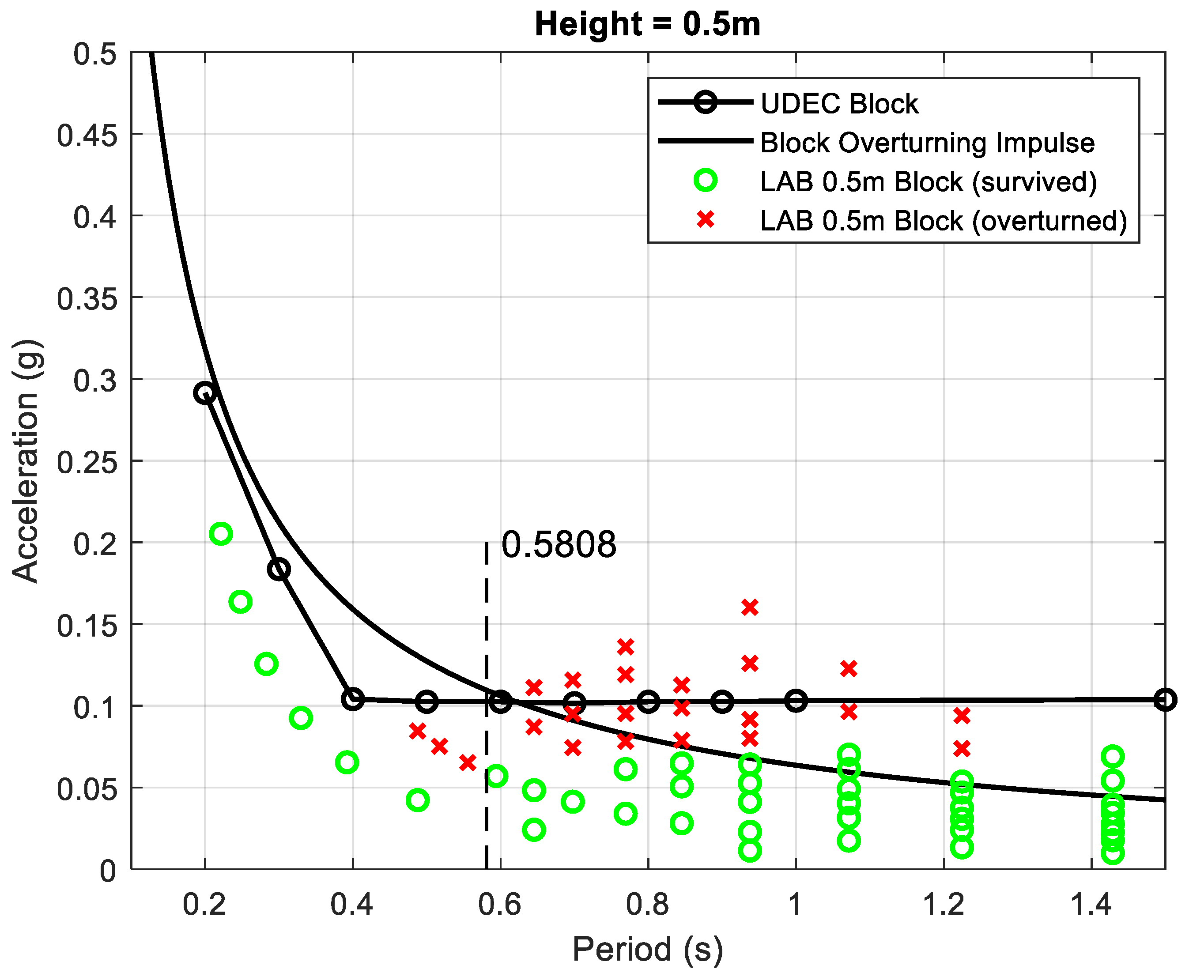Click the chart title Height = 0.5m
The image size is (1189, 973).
[647, 25]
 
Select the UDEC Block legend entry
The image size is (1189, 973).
[839, 104]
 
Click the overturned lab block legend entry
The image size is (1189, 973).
[943, 220]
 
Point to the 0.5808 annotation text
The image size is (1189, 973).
[559, 544]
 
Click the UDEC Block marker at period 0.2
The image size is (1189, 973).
[205, 393]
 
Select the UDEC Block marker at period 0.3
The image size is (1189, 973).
[279, 569]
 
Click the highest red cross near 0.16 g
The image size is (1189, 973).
[750, 607]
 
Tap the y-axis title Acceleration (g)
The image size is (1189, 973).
[26, 461]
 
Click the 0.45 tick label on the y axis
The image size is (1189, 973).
[87, 135]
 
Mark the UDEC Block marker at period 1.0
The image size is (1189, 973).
[796, 701]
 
